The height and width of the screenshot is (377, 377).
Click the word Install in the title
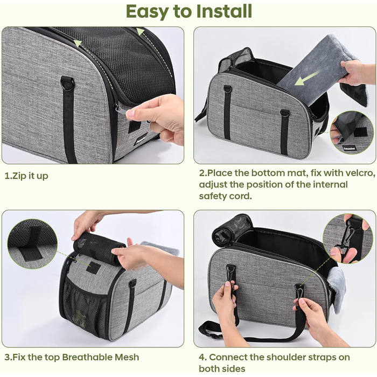point(224,11)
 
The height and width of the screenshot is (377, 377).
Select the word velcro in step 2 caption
point(360,173)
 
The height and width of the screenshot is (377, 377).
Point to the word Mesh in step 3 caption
point(127,357)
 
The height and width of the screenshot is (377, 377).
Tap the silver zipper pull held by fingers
point(121,110)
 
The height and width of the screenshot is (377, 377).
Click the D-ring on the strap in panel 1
point(68,83)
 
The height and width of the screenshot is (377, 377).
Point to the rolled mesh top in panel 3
point(99,247)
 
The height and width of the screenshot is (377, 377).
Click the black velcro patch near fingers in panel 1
point(135,127)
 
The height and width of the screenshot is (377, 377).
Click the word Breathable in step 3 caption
point(87,357)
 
